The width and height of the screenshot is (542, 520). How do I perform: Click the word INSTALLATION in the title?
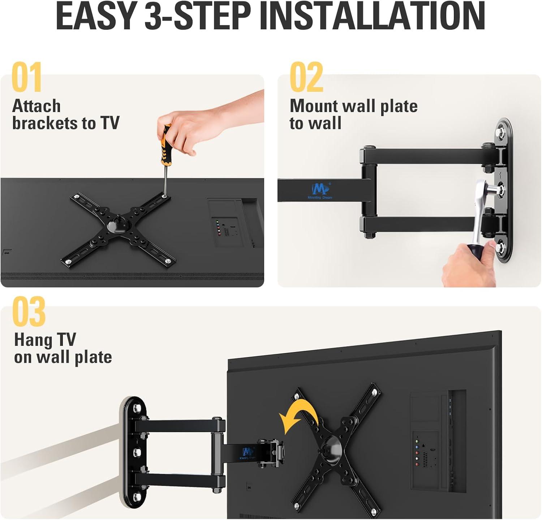pyautogui.click(x=372, y=16)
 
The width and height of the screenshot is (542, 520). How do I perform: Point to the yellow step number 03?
pyautogui.click(x=29, y=311)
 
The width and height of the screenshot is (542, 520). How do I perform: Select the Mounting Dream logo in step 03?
pyautogui.click(x=248, y=452)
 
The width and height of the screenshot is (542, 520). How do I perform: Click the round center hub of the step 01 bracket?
pyautogui.click(x=119, y=224)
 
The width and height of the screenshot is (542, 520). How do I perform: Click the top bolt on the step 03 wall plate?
pyautogui.click(x=137, y=409)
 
